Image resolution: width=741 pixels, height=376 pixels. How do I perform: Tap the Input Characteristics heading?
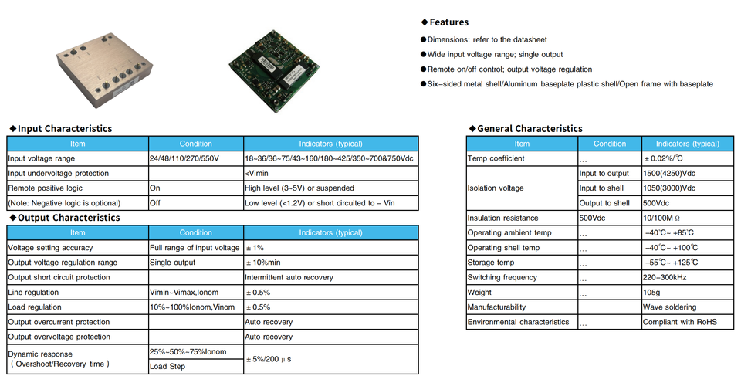[x=64, y=129]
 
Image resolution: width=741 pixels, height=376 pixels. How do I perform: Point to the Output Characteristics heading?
[x=69, y=218]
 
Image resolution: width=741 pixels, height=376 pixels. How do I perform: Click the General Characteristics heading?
[x=530, y=129]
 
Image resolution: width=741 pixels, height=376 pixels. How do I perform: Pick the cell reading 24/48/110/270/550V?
[x=184, y=158]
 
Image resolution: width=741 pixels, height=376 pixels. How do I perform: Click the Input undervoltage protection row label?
[x=59, y=173]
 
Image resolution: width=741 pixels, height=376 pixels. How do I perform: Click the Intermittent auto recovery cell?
[x=289, y=277]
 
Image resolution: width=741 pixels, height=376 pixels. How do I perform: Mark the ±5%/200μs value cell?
[x=272, y=359]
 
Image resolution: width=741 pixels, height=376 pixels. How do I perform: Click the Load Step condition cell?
[x=167, y=366]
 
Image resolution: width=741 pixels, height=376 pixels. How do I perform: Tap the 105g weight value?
[x=653, y=293]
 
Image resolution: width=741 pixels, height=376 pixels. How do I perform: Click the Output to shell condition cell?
[x=604, y=203]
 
